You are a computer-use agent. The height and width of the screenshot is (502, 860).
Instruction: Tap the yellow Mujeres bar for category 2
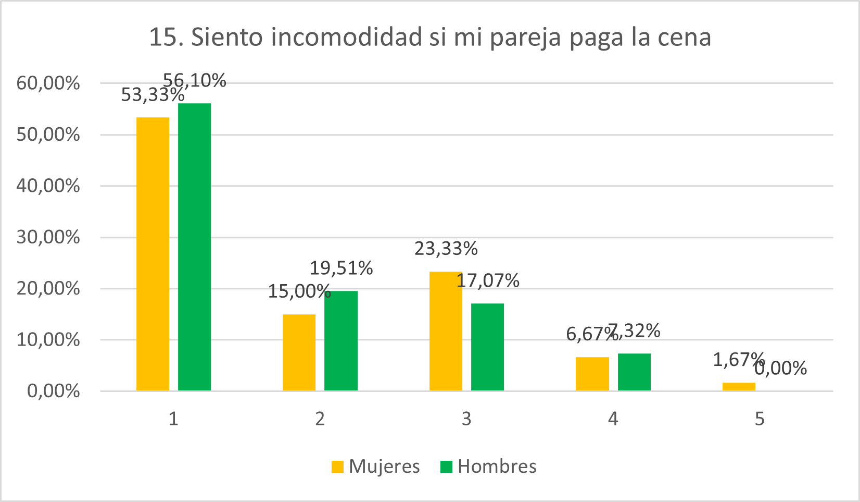pyautogui.click(x=299, y=352)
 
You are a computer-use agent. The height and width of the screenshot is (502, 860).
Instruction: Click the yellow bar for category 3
pyautogui.click(x=446, y=331)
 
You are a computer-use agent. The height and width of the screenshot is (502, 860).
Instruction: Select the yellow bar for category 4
pyautogui.click(x=592, y=374)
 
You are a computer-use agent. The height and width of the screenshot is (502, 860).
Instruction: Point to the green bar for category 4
pyautogui.click(x=634, y=372)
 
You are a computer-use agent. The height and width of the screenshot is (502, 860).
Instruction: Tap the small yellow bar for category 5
pyautogui.click(x=739, y=386)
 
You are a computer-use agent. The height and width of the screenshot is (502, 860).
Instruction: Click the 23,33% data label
pyautogui.click(x=446, y=249)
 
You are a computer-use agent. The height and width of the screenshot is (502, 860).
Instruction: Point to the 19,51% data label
pyautogui.click(x=341, y=268)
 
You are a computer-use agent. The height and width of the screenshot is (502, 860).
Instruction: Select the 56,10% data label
pyautogui.click(x=195, y=80)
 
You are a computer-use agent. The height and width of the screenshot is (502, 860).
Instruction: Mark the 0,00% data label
pyautogui.click(x=780, y=369)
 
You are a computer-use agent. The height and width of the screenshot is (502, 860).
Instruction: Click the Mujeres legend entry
pyautogui.click(x=376, y=466)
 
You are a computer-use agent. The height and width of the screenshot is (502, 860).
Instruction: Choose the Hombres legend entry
pyautogui.click(x=488, y=466)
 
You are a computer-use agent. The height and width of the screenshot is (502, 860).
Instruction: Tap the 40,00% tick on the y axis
pyautogui.click(x=48, y=186)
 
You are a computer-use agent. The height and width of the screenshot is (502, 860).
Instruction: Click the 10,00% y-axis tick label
pyautogui.click(x=48, y=340)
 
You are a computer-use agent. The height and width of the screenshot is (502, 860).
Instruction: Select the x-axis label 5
pyautogui.click(x=760, y=419)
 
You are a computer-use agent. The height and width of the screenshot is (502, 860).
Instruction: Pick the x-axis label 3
pyautogui.click(x=466, y=419)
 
